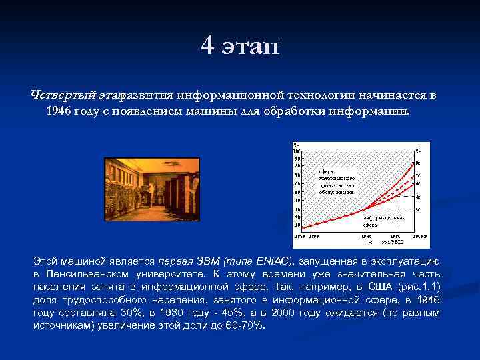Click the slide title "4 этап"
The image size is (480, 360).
pos(240,46)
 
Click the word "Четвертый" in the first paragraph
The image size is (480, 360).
pos(64,95)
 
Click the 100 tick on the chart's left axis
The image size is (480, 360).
pos(297,151)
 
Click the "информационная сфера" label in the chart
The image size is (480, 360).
pos(381,221)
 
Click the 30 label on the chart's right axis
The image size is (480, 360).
pos(418,209)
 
